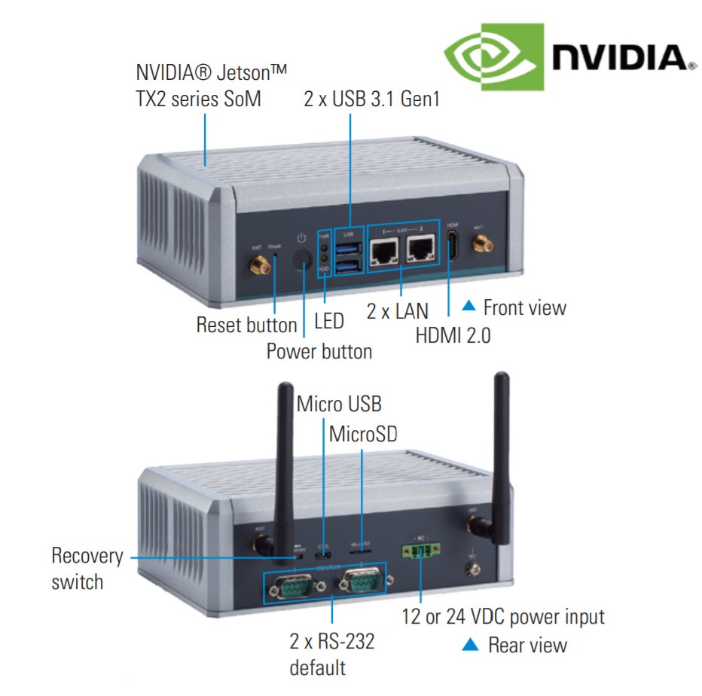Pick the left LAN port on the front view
[x=385, y=252]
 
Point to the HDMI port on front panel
[x=453, y=248]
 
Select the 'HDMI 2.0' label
[x=453, y=335]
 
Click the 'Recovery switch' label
[x=87, y=569]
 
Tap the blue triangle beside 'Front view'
[x=469, y=306]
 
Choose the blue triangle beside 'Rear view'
[x=470, y=644]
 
